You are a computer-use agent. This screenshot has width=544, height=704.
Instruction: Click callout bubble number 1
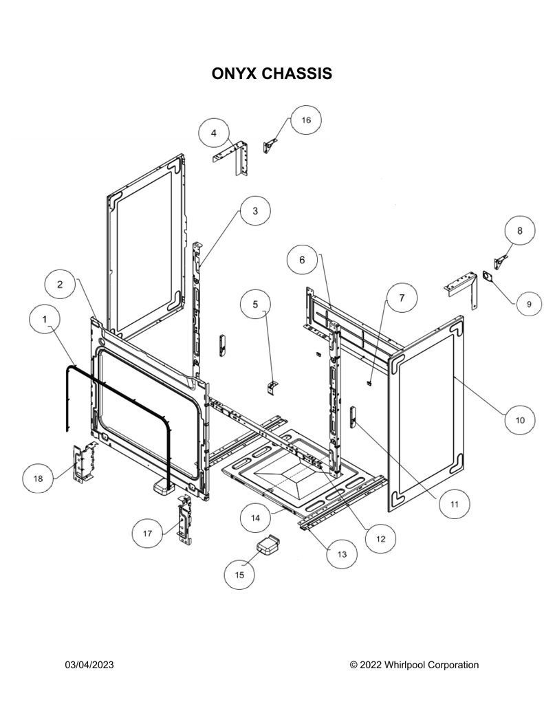click(45, 319)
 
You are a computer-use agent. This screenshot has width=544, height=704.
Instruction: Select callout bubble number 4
click(214, 133)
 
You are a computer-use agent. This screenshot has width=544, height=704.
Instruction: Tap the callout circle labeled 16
click(306, 120)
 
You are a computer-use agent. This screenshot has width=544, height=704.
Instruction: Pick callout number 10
click(520, 420)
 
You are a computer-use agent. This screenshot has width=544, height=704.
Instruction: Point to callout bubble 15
click(239, 575)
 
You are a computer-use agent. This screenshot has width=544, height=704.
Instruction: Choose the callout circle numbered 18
click(39, 478)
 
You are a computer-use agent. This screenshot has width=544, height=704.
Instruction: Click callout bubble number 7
click(402, 298)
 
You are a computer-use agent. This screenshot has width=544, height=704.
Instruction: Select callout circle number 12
click(380, 539)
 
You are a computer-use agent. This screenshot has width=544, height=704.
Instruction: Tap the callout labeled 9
click(529, 304)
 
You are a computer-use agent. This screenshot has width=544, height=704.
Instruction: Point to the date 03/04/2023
click(89, 665)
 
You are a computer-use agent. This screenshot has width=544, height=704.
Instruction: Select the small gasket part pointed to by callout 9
click(488, 276)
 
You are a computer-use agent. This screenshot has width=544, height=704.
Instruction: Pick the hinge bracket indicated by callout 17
click(184, 519)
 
